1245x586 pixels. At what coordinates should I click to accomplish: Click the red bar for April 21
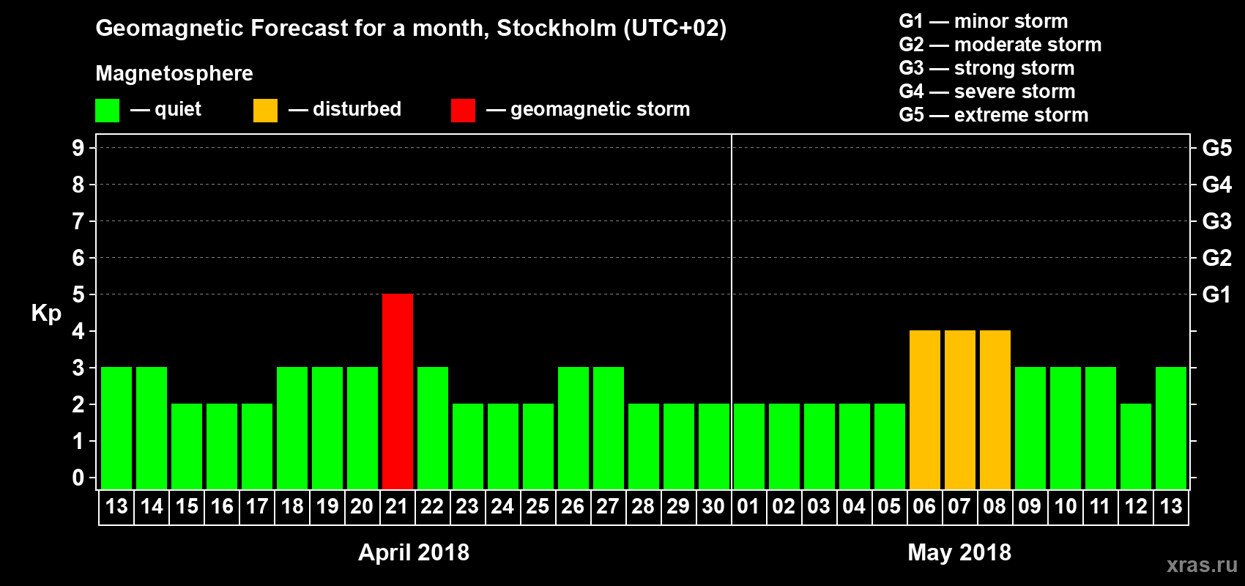click(x=398, y=391)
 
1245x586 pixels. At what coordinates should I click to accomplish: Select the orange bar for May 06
click(x=925, y=409)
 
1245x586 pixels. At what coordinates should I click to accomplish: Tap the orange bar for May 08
click(x=995, y=409)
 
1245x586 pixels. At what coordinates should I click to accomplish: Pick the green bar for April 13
click(x=116, y=428)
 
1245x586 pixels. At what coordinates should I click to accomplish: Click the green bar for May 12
click(x=1136, y=446)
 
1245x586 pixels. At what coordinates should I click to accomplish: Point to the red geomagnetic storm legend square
click(x=463, y=111)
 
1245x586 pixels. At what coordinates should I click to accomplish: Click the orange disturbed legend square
click(x=265, y=111)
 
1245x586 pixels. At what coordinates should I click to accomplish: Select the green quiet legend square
click(x=107, y=111)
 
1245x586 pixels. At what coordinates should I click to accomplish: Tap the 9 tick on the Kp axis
click(x=78, y=148)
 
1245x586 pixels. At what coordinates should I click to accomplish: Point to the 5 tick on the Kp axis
click(x=78, y=294)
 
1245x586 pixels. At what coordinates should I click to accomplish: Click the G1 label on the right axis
click(x=1216, y=294)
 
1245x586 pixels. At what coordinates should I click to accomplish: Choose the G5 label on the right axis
click(x=1216, y=148)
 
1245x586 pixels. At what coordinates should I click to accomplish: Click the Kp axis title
click(x=46, y=314)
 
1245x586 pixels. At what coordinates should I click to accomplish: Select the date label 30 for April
click(x=713, y=506)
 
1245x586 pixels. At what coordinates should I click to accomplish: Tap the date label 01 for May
click(x=748, y=506)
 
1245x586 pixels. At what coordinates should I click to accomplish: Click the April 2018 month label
click(x=414, y=552)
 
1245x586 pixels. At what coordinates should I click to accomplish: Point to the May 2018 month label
click(x=959, y=552)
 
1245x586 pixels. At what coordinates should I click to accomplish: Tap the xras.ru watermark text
click(x=1202, y=565)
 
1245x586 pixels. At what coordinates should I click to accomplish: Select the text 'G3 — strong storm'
click(x=986, y=68)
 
